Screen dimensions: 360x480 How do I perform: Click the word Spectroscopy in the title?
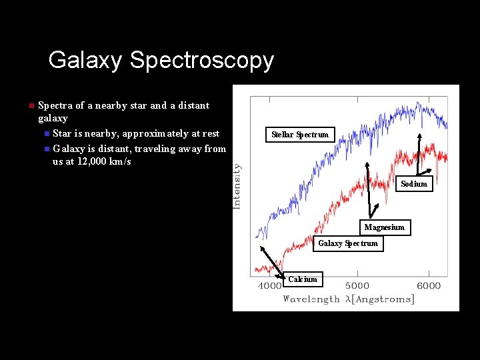click(202, 61)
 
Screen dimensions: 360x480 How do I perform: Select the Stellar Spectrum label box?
click(299, 135)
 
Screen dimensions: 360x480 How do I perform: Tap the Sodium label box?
click(414, 183)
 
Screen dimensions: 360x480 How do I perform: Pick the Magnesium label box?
click(384, 227)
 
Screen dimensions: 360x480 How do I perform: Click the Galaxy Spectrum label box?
click(347, 243)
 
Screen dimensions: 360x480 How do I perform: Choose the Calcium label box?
click(303, 279)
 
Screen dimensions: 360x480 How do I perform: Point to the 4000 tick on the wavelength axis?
click(269, 286)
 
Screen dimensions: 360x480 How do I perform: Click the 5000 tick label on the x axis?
click(357, 286)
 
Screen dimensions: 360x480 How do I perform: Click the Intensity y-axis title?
click(237, 187)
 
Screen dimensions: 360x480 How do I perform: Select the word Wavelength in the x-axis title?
click(311, 299)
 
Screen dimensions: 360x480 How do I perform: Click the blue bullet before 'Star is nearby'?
click(46, 134)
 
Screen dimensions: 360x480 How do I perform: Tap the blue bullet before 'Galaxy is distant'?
click(46, 149)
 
